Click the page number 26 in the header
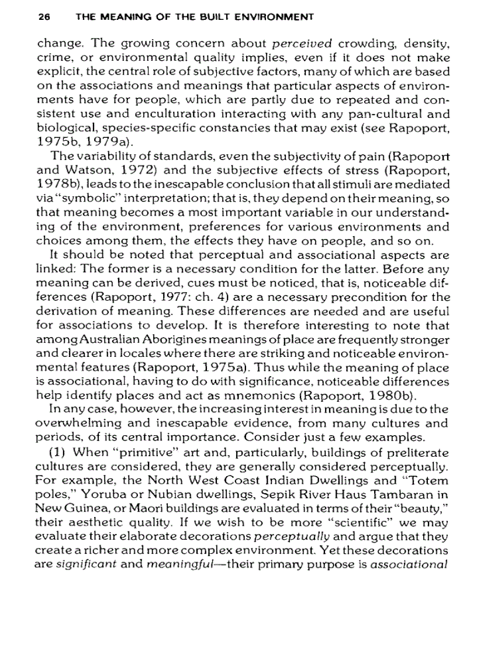click(43, 17)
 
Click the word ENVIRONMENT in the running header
click(275, 17)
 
